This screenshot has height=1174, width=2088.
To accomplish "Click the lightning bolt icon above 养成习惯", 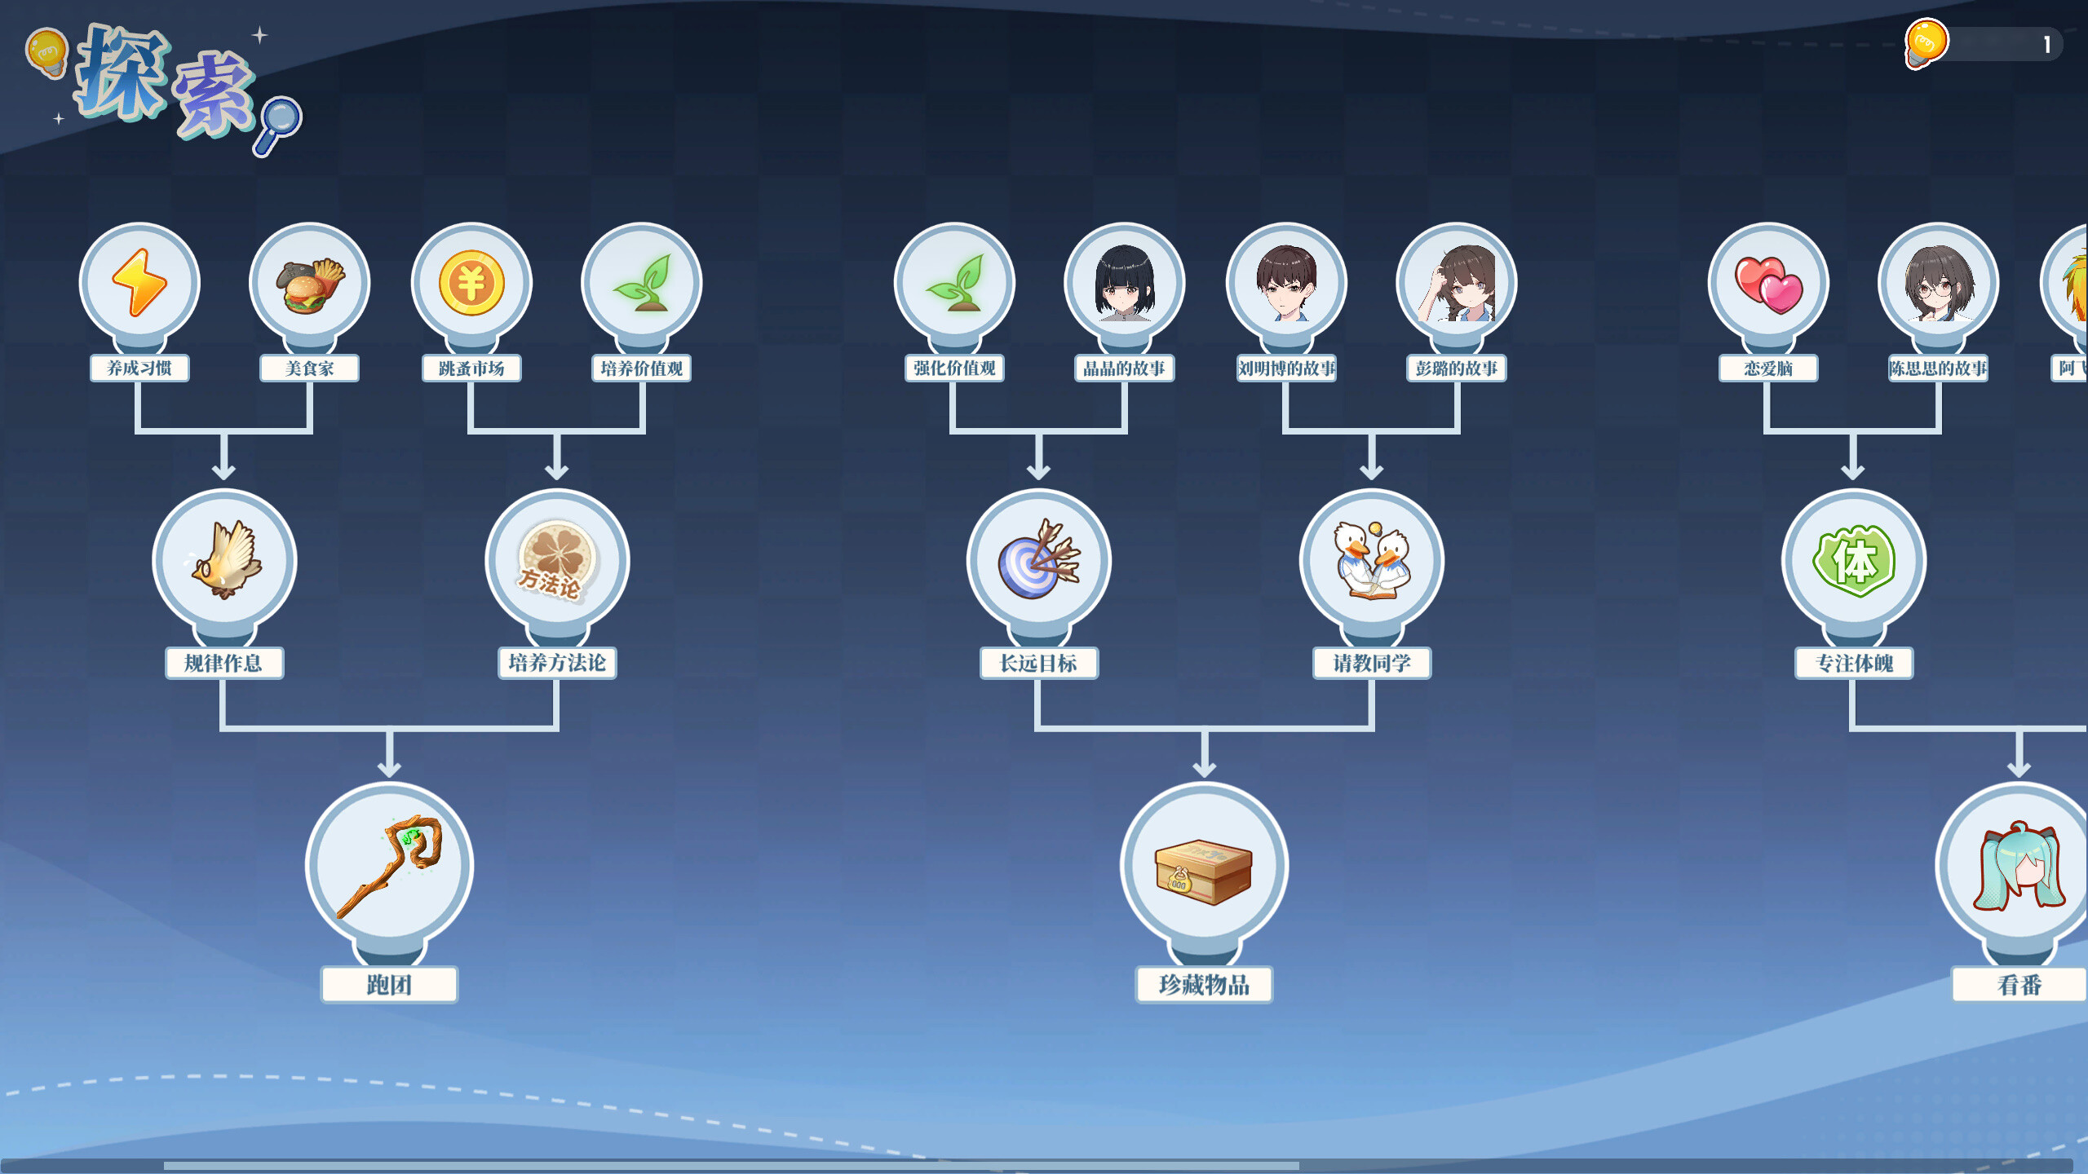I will pos(139,282).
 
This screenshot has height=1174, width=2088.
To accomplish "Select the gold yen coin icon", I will pos(471,283).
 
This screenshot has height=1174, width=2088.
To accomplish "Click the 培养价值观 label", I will pos(641,369).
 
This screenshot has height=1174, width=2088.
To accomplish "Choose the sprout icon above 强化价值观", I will pos(954,283).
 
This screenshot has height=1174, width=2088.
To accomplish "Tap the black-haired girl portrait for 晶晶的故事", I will pos(1124,283).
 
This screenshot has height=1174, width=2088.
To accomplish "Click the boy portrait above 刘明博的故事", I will pos(1286,283).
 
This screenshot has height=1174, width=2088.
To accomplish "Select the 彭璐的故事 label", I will pos(1456,369).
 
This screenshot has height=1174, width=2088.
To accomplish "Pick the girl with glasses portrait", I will pos(1938,283).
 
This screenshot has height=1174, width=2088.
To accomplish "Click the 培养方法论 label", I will pos(557,663).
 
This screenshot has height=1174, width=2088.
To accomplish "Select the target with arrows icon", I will pos(1038,560).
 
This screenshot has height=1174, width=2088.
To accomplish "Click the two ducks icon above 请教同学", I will pos(1371,560).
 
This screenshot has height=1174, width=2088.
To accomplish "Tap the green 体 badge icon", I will pos(1853,560).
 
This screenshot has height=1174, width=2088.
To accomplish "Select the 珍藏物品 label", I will pos(1204,985).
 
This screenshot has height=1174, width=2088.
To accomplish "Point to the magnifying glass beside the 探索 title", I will pos(279,124).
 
